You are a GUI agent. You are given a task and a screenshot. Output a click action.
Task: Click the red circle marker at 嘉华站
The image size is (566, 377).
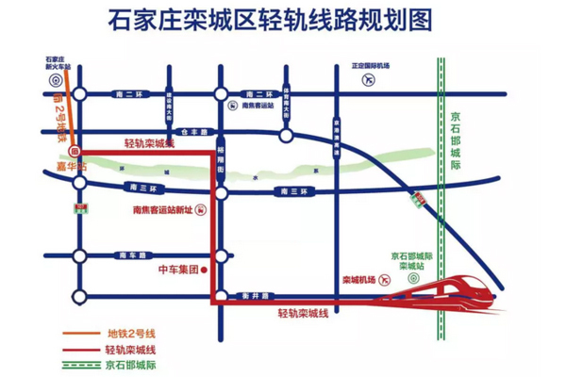pos(75,151)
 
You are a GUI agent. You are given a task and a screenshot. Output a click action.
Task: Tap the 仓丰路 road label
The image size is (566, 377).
pos(192,133)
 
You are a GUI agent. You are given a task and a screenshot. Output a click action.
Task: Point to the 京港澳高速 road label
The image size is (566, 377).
pos(335,131)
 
